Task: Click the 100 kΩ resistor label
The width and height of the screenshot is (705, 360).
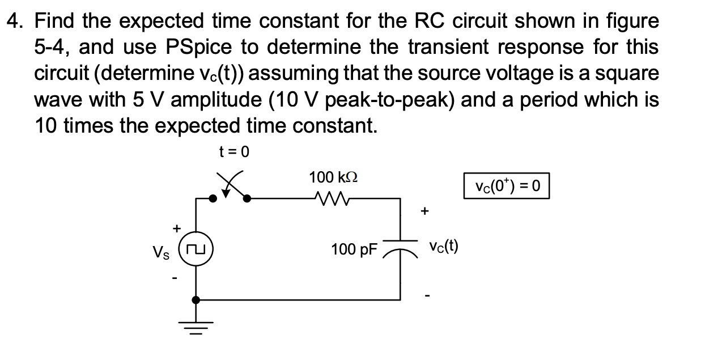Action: click(x=334, y=177)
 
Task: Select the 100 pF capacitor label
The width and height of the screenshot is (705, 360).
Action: click(x=354, y=249)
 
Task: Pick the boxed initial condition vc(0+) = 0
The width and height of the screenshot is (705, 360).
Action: click(x=507, y=187)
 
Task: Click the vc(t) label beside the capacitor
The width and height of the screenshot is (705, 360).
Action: click(x=444, y=247)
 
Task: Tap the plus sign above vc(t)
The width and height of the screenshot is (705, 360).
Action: click(x=424, y=211)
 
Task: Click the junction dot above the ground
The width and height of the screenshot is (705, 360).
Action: click(x=196, y=299)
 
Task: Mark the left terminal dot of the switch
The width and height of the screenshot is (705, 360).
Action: click(x=213, y=198)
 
